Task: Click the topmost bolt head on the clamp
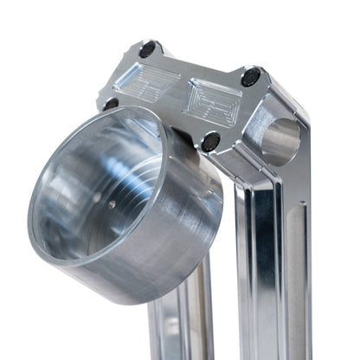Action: point(147,49)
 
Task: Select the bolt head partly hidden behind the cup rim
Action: point(112,104)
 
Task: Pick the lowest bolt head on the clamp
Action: point(209,140)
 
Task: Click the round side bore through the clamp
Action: point(280,140)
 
